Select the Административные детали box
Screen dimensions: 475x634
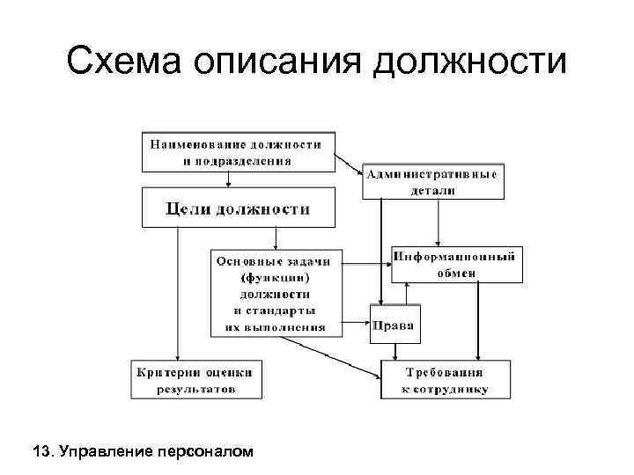click(432, 182)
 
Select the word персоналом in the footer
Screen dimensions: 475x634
click(203, 452)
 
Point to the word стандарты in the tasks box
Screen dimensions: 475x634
click(282, 311)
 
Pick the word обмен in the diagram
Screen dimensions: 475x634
click(457, 273)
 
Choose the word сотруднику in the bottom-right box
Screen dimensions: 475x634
click(452, 389)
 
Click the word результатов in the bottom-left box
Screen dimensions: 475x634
click(196, 389)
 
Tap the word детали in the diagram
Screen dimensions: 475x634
click(432, 191)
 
